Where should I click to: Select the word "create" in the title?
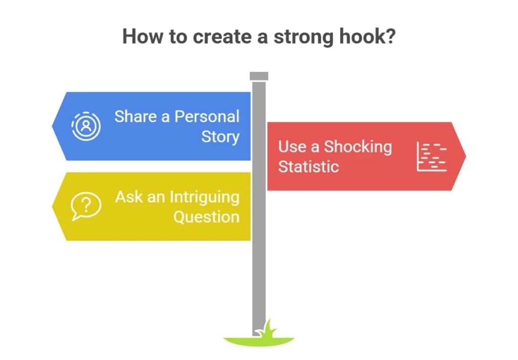[x=223, y=36]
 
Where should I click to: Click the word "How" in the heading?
[x=142, y=36]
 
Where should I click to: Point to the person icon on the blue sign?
[x=86, y=126]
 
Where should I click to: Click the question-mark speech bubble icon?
[x=86, y=206]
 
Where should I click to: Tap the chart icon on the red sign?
[x=431, y=156]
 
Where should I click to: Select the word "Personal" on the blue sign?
[x=207, y=116]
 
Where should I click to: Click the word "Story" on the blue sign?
[x=221, y=137]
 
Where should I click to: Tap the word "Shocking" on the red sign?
[x=358, y=147]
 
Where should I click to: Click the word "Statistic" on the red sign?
[x=308, y=166]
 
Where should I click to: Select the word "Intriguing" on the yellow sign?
[x=204, y=197]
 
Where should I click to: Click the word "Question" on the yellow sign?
[x=206, y=217]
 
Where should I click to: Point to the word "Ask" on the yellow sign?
[x=128, y=196]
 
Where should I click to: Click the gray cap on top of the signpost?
[x=259, y=76]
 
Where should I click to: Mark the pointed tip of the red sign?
[x=465, y=156]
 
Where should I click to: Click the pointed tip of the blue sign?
[x=52, y=126]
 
